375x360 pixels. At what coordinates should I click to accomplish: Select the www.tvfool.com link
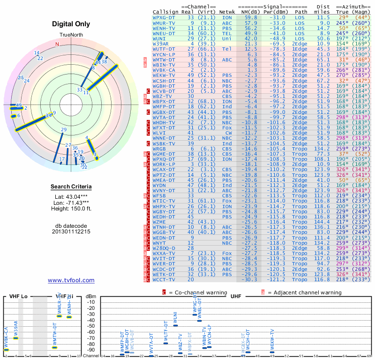[71, 280]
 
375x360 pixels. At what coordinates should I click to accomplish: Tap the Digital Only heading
[70, 24]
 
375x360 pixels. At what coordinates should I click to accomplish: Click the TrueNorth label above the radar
[70, 35]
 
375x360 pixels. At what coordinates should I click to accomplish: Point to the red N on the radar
[57, 45]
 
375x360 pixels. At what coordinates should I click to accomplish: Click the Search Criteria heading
[71, 187]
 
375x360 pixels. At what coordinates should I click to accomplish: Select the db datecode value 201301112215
[71, 232]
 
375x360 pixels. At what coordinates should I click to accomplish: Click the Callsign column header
[165, 12]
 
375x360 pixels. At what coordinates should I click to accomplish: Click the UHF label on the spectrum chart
[236, 297]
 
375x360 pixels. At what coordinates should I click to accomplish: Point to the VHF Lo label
[18, 297]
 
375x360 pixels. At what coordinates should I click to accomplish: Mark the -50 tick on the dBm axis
[91, 326]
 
